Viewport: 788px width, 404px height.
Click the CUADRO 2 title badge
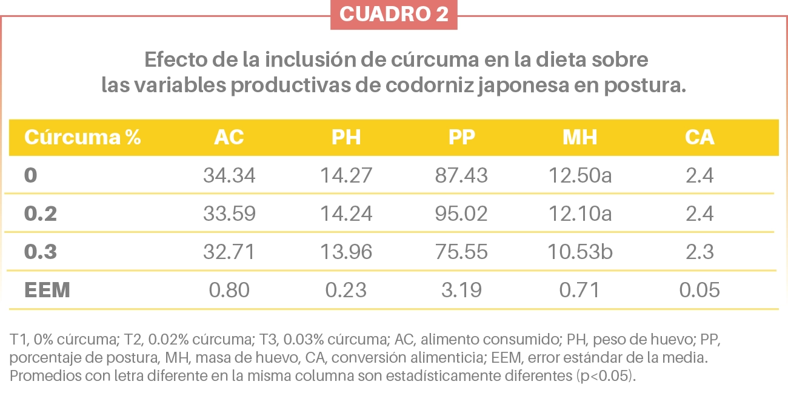(393, 15)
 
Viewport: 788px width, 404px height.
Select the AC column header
(229, 138)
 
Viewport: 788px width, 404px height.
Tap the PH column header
(346, 138)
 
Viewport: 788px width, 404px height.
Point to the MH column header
(579, 138)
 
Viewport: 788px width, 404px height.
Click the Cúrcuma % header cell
(82, 138)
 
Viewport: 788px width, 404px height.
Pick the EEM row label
(47, 290)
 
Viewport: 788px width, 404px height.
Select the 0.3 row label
(41, 252)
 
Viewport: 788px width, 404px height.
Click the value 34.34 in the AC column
(229, 176)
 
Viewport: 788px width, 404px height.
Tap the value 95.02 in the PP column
(461, 214)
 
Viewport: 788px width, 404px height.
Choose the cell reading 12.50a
(580, 176)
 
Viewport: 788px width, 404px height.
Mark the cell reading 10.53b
(580, 252)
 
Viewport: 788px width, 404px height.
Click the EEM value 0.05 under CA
(700, 290)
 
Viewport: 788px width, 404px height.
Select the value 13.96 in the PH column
(346, 252)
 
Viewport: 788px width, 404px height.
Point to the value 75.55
(461, 252)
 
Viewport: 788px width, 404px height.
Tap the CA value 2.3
(700, 252)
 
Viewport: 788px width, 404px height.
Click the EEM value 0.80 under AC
(229, 290)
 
